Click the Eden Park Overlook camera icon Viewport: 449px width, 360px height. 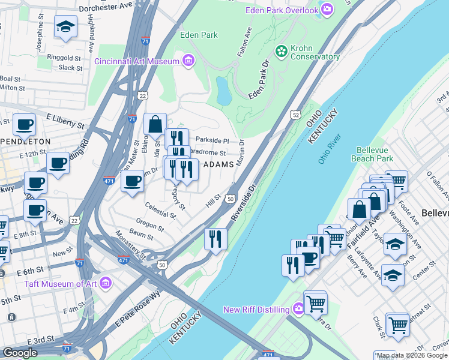[x=327, y=8]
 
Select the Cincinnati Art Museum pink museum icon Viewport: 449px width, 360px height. [x=188, y=61]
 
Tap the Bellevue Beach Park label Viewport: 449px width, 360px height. [x=375, y=154]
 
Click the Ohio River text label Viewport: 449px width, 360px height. [x=328, y=148]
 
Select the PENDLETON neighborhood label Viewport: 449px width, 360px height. [x=25, y=141]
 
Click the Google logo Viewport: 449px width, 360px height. [x=19, y=353]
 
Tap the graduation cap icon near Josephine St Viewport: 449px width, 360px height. [x=65, y=26]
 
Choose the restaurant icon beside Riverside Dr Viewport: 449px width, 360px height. [x=215, y=238]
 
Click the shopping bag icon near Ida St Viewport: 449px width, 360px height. [x=155, y=124]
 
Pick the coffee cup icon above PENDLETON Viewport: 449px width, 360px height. [x=24, y=124]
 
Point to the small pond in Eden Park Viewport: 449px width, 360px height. [x=223, y=90]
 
